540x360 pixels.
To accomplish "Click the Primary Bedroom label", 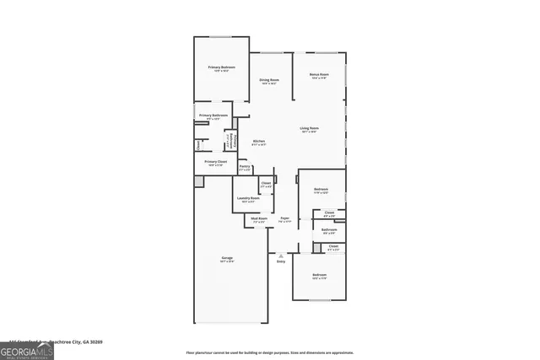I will [x=221, y=67].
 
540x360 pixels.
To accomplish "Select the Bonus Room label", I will [x=318, y=75].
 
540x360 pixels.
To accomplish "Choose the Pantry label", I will [x=245, y=167].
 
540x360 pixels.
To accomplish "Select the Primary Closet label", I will [x=216, y=161].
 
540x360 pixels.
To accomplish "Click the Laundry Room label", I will [x=248, y=198].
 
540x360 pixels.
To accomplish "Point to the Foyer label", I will [x=285, y=218].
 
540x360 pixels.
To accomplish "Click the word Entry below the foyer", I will [x=281, y=261].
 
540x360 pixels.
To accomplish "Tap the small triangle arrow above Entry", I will [x=281, y=255].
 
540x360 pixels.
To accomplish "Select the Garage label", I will [x=227, y=258].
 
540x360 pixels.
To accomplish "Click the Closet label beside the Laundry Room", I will [x=266, y=183].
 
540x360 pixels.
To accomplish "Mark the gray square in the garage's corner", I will [x=199, y=181].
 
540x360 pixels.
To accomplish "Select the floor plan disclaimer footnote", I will [x=269, y=352].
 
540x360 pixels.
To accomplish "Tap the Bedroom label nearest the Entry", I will [x=319, y=276].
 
